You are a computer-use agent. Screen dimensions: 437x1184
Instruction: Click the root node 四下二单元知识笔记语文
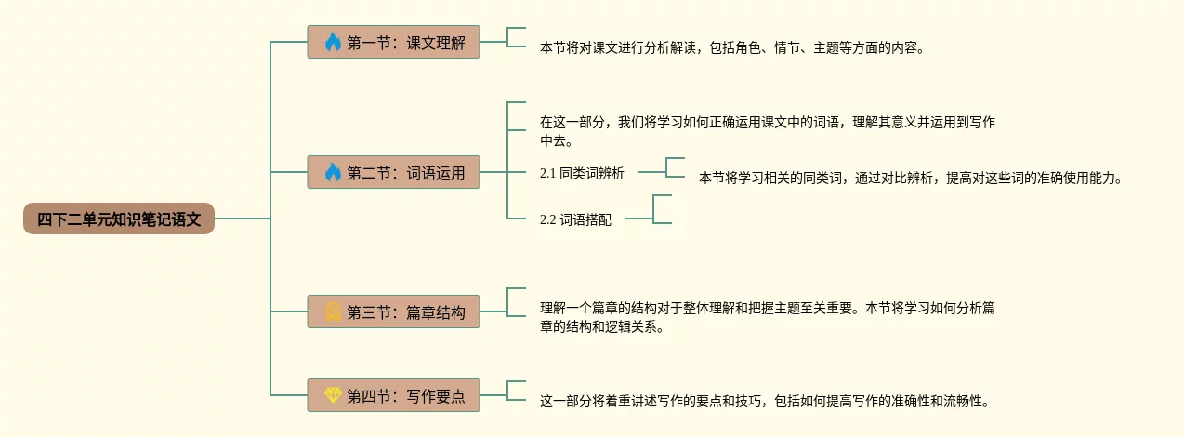(119, 219)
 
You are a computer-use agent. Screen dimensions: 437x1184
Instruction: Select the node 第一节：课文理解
(394, 42)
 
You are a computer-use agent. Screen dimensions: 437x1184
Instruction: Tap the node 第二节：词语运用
(394, 172)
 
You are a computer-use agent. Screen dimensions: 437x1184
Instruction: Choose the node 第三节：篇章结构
(394, 311)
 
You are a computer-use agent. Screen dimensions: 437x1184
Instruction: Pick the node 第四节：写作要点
(394, 395)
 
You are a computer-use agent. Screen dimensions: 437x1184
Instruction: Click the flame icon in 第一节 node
(333, 42)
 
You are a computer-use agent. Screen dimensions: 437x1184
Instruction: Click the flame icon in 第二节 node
(333, 172)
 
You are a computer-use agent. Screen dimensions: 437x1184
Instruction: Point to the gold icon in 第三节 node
(333, 311)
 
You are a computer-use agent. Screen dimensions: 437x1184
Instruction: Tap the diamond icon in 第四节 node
(333, 395)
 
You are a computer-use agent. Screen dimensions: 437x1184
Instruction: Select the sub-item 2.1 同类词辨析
(582, 173)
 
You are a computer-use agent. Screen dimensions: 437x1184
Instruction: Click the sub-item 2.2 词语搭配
(575, 220)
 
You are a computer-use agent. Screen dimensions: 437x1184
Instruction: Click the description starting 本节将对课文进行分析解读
(732, 47)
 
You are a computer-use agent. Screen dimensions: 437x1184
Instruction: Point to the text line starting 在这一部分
(767, 122)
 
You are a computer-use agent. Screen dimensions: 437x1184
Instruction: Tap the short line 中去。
(557, 141)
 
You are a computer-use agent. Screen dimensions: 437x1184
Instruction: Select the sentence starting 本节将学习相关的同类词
(911, 178)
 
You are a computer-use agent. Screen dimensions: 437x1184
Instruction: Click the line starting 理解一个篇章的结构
(768, 308)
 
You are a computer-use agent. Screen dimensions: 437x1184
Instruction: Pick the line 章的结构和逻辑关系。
(602, 327)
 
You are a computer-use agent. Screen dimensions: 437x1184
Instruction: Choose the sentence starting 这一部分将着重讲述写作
(765, 402)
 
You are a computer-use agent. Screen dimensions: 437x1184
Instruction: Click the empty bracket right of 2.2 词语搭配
(663, 209)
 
